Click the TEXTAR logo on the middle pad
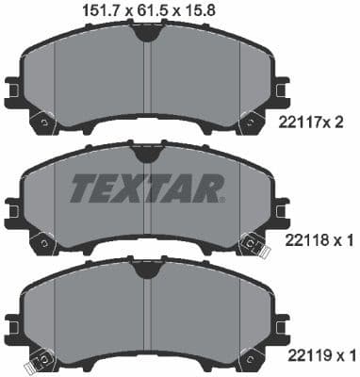(x=146, y=188)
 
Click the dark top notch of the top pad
(x=145, y=32)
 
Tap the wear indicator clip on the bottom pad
(x=40, y=361)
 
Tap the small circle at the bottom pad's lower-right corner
(x=250, y=359)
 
